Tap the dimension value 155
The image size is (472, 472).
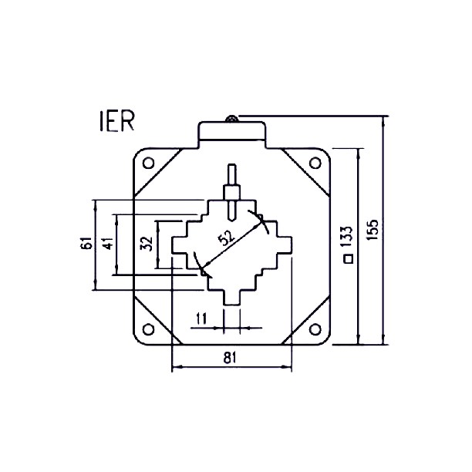pos(373,231)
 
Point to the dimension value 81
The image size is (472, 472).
pos(231,357)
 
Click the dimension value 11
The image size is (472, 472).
pos(201,317)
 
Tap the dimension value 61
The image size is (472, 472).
pos(85,244)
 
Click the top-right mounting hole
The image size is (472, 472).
pos(313,163)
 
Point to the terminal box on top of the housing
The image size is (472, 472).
pos(231,131)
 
